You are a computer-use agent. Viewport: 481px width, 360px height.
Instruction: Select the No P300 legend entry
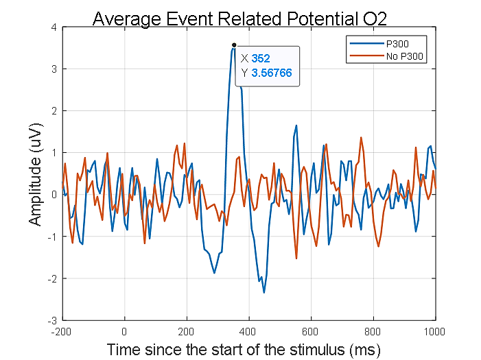coord(405,54)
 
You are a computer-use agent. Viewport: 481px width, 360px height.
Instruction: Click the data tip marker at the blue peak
coord(234,45)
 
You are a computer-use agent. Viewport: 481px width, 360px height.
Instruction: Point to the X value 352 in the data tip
coord(261,58)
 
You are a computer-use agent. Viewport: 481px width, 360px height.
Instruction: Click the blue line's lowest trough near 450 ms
coord(264,293)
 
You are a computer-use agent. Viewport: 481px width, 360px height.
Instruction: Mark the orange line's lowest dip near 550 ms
coord(296,258)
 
